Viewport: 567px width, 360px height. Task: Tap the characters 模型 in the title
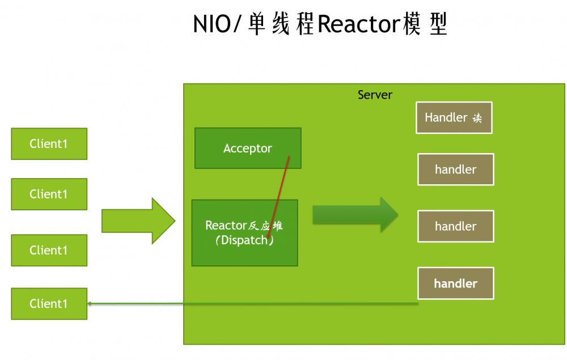426,26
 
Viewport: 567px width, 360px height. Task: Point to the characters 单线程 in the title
281,26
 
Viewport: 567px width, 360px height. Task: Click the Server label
375,95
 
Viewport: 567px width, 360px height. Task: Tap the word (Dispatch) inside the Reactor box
244,240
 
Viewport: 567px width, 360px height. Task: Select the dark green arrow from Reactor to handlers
355,214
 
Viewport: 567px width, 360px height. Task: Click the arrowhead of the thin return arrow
90,304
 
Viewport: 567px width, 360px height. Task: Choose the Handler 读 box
454,117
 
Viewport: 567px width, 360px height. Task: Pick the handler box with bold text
455,283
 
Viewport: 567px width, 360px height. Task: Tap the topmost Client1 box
49,143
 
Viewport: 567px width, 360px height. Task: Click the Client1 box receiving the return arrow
49,304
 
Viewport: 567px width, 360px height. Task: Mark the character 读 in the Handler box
477,118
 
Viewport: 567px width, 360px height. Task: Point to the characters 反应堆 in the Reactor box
266,226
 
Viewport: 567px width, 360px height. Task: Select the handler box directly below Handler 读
455,169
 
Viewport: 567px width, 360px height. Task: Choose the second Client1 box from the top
49,194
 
